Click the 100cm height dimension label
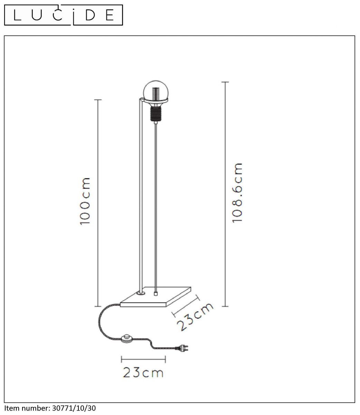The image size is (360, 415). tap(85, 201)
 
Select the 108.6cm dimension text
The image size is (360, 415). tap(237, 193)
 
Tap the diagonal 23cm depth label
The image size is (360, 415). tap(195, 317)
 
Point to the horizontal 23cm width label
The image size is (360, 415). tap(143, 373)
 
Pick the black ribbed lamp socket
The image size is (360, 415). tap(155, 114)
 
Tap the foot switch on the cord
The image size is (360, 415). tap(127, 338)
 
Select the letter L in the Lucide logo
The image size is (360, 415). tap(17, 15)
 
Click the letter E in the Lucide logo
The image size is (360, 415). tap(110, 15)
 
